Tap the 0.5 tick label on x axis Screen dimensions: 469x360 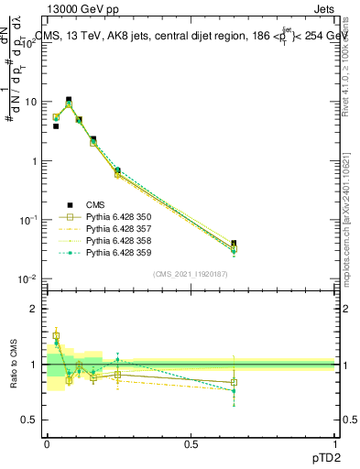(191, 442)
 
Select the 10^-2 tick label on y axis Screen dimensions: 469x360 (27, 278)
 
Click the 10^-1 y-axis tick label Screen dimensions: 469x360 (27, 220)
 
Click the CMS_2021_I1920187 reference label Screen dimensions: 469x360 (191, 274)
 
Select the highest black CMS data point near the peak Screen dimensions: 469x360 (68, 100)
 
